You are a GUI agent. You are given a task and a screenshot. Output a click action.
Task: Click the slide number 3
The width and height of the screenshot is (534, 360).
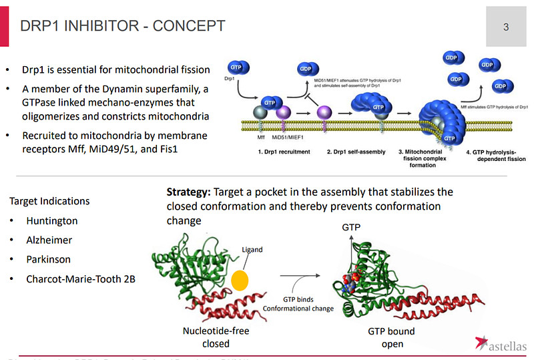506,27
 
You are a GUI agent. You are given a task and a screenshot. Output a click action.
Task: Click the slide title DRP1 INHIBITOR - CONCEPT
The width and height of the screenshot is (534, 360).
123,27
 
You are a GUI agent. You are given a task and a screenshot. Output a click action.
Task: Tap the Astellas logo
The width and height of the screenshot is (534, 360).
501,344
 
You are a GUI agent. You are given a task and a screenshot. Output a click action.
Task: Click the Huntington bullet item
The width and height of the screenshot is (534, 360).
52,221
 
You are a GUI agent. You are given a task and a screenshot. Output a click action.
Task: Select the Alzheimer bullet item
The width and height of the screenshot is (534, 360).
49,240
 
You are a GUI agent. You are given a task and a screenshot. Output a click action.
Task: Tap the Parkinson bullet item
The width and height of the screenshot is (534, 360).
49,259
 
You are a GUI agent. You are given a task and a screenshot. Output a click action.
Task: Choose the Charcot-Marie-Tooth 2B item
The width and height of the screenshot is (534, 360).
81,279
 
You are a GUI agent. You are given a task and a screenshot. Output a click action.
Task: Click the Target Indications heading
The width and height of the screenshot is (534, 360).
49,201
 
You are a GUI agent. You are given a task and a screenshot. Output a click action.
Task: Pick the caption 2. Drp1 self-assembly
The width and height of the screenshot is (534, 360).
356,152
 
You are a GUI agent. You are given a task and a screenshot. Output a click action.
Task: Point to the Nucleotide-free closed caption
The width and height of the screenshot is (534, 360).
216,337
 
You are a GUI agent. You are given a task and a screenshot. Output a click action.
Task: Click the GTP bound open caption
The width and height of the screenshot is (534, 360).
391,337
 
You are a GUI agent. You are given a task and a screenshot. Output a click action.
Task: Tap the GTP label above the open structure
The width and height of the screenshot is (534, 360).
352,228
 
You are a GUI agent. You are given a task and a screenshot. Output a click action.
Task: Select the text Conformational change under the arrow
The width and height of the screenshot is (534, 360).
298,309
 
